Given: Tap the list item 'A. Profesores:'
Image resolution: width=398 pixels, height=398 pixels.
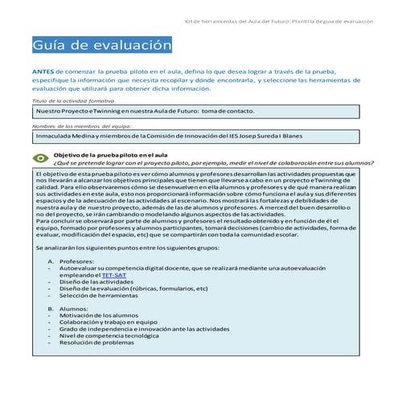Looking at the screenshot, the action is pyautogui.click(x=72, y=260).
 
